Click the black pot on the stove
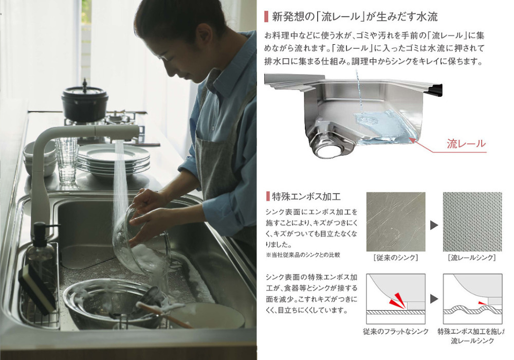tap(85, 103)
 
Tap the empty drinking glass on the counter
tap(67, 160)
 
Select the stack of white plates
tap(114, 159)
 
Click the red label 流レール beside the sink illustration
tap(466, 143)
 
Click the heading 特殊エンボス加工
tap(306, 196)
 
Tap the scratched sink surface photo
tap(396, 222)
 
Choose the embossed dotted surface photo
tap(472, 222)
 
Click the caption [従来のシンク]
tap(396, 258)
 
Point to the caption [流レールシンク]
tap(472, 258)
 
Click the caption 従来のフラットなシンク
tap(396, 332)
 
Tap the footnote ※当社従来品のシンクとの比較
tap(303, 255)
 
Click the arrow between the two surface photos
tap(434, 225)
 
